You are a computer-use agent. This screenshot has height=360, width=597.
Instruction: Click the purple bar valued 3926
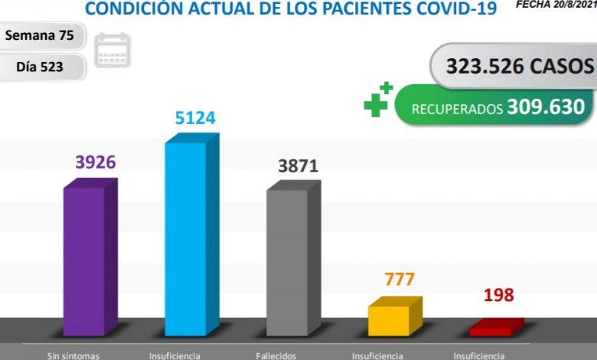[84, 260]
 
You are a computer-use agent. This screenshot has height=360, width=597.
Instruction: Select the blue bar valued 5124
[186, 237]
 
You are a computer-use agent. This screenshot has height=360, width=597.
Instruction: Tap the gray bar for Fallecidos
[287, 260]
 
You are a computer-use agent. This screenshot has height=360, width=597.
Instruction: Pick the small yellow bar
[389, 320]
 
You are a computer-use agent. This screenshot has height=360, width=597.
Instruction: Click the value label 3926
[95, 162]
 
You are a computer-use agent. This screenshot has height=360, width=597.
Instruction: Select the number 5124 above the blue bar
[196, 118]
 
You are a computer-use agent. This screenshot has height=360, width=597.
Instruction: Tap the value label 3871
[298, 165]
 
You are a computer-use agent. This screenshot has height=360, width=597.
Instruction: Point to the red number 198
[498, 295]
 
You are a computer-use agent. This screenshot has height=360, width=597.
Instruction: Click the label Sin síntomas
[73, 355]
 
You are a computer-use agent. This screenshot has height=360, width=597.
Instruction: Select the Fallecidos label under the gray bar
[276, 355]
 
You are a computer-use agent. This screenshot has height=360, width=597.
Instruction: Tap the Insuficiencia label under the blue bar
[175, 355]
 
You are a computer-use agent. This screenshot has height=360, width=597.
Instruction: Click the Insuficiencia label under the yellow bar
[377, 355]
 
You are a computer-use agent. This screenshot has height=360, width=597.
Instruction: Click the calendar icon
[113, 50]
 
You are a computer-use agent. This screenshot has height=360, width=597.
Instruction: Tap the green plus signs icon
[378, 100]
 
